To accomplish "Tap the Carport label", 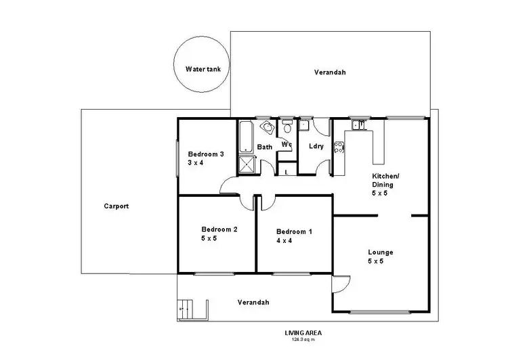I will [x=117, y=206].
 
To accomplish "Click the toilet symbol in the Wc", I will [x=287, y=127].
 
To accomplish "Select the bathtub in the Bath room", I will [x=244, y=138].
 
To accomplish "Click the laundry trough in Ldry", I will [x=304, y=125].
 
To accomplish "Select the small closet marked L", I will [x=287, y=172].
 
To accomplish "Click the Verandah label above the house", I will [x=330, y=72].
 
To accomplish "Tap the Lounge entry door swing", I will [x=341, y=286].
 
